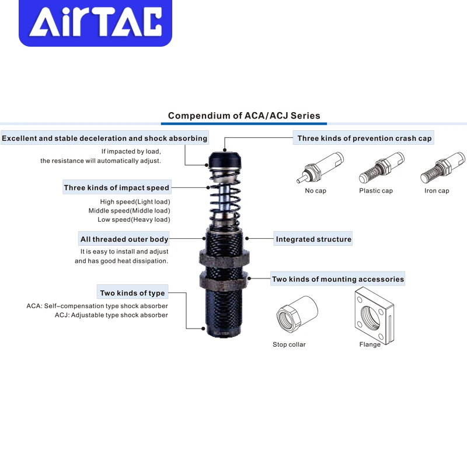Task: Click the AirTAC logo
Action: click(x=96, y=23)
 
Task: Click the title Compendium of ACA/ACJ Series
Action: click(x=244, y=116)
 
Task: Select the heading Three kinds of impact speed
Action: click(x=117, y=188)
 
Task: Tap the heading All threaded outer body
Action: click(x=124, y=239)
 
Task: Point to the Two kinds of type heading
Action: click(x=133, y=293)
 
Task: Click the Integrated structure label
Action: click(x=313, y=239)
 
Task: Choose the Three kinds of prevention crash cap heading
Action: click(x=364, y=138)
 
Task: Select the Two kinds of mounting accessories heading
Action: click(x=337, y=279)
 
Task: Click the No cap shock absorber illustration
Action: click(x=319, y=168)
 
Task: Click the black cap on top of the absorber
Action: click(x=224, y=158)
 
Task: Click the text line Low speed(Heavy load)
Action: click(x=134, y=219)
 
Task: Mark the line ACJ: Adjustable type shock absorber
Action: click(x=111, y=315)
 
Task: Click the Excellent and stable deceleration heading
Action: click(x=104, y=138)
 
